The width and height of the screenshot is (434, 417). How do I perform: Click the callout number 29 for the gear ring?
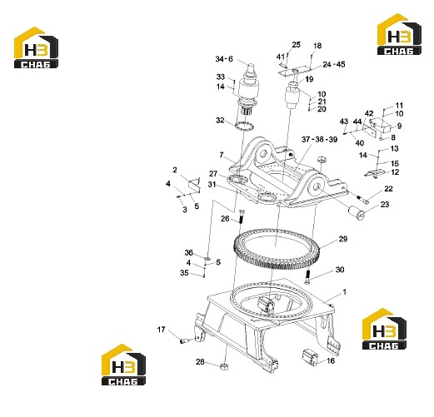[x=343, y=239]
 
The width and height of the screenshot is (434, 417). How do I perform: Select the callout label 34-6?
[x=224, y=59]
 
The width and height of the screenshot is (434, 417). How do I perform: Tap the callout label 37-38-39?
[x=319, y=139]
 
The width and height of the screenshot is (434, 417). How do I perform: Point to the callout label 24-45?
[x=334, y=64]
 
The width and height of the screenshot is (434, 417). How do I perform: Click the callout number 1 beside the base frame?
[x=345, y=292]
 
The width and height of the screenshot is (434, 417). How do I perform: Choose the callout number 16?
[x=331, y=360]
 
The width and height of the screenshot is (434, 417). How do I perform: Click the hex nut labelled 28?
[x=223, y=367]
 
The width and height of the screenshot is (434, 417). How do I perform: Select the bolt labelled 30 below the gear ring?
[x=308, y=277]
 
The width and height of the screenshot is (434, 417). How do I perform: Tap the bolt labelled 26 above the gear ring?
[x=242, y=216]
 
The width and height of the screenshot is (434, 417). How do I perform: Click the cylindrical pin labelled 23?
[x=357, y=212]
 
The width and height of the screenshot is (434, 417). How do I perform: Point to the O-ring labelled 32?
[x=244, y=126]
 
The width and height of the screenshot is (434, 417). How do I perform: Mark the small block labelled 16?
[x=309, y=356]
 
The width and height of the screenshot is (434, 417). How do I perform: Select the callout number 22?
[x=388, y=189]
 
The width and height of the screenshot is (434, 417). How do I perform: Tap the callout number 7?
[x=222, y=155]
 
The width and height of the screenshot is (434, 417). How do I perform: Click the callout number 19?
[x=309, y=79]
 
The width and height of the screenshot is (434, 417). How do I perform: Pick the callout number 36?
[x=188, y=252]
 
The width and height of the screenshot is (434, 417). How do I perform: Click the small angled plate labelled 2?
[x=194, y=184]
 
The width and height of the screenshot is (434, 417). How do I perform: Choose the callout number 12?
[x=395, y=172]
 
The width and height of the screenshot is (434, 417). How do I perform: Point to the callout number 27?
[x=213, y=173]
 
